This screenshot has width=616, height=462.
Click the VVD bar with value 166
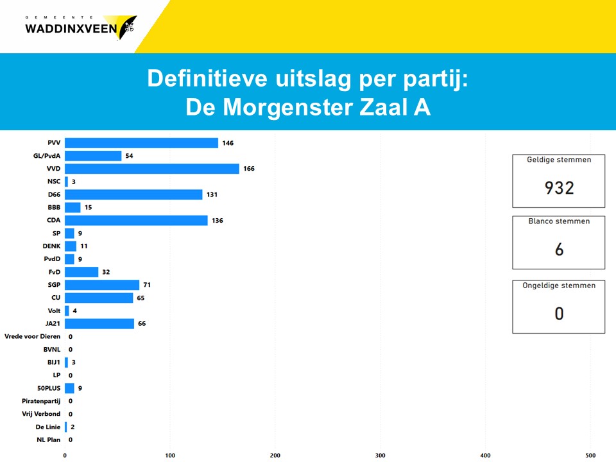coord(151,169)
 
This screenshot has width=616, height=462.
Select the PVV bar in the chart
coord(141,143)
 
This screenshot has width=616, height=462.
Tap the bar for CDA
coord(136,220)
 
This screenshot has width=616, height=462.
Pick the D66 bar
coord(133,194)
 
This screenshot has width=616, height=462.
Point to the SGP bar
coord(102,285)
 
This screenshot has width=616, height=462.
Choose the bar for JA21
coord(99,323)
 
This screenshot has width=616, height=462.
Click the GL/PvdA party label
coord(47,156)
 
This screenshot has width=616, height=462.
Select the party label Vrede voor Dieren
coord(32,336)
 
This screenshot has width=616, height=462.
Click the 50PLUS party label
coord(49,388)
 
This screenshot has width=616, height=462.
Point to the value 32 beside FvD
coord(106,272)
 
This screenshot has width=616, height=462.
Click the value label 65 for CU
coord(141,298)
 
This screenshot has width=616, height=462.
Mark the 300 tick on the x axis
coord(381,456)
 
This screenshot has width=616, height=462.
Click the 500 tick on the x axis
coord(590,456)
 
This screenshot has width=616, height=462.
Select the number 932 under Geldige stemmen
coord(559,187)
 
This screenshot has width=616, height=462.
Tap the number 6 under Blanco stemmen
coord(559,250)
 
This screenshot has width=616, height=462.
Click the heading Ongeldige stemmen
coord(558,286)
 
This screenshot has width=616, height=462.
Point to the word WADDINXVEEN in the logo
coord(71,28)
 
